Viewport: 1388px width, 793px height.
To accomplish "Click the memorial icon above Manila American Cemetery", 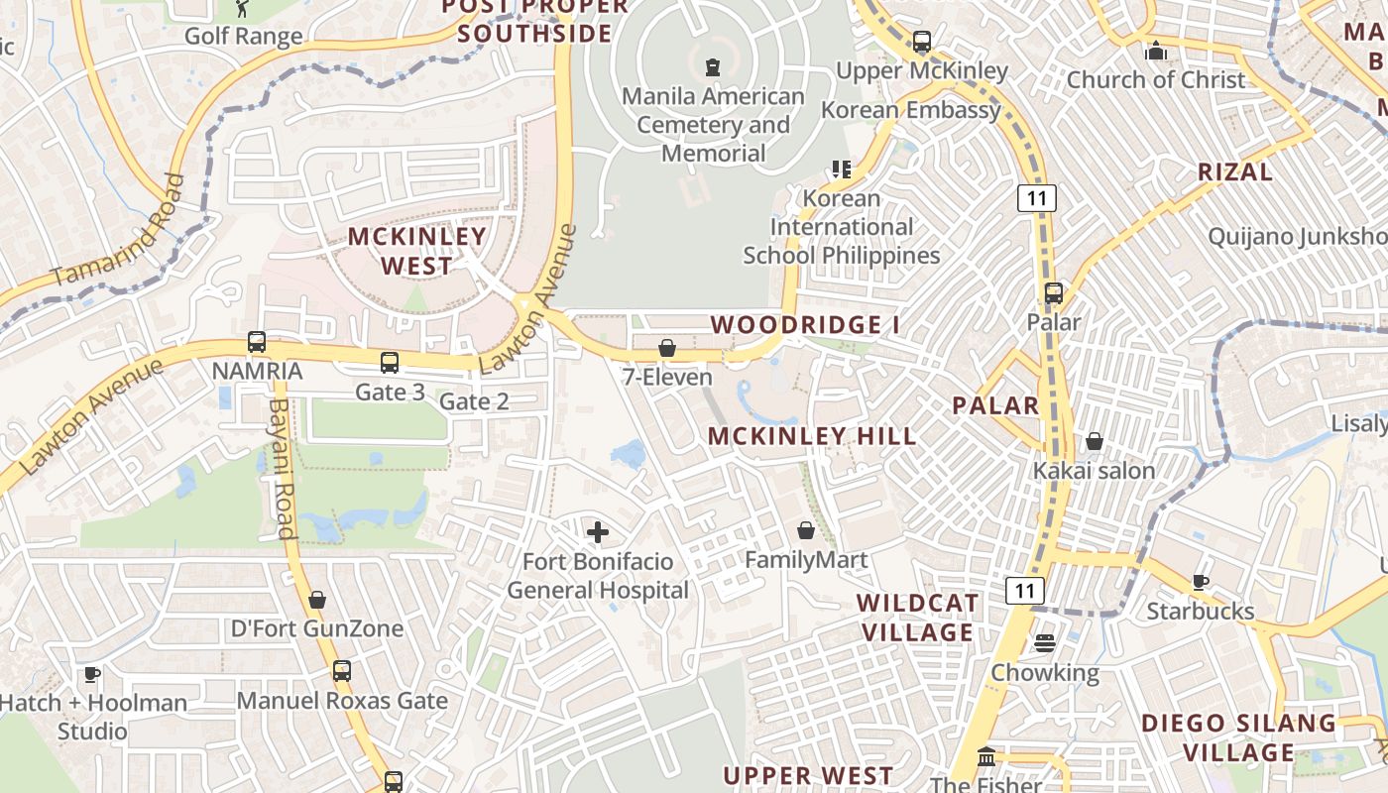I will pos(712,67).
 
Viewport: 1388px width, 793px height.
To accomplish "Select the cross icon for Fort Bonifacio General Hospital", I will pos(598,532).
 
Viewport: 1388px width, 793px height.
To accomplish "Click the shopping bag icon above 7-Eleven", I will pos(667,348).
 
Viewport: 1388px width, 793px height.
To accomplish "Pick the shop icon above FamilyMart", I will pos(806,530).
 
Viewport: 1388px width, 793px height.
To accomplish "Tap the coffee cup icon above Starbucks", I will pos(1200,582).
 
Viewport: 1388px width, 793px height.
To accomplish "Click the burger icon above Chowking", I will pos(1044,643).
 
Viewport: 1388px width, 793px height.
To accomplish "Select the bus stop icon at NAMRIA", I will pos(257,342).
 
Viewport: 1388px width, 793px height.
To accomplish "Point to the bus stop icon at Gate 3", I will pos(390,363).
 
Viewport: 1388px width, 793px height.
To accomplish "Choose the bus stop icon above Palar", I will pos(1053,293).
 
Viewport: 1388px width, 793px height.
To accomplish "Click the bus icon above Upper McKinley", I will pos(922,42).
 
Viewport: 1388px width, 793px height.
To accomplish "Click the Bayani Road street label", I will pos(284,468).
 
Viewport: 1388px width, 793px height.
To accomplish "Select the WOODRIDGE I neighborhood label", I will pos(797,325).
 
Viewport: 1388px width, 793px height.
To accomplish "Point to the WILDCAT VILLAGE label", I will pos(918,618).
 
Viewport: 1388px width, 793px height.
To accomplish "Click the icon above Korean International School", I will pos(842,169).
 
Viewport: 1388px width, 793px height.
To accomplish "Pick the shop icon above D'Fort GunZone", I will pos(317,600).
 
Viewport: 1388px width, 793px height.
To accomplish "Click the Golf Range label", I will pos(244,37).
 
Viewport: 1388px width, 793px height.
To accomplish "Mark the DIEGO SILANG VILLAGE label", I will pos(1238,737).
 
